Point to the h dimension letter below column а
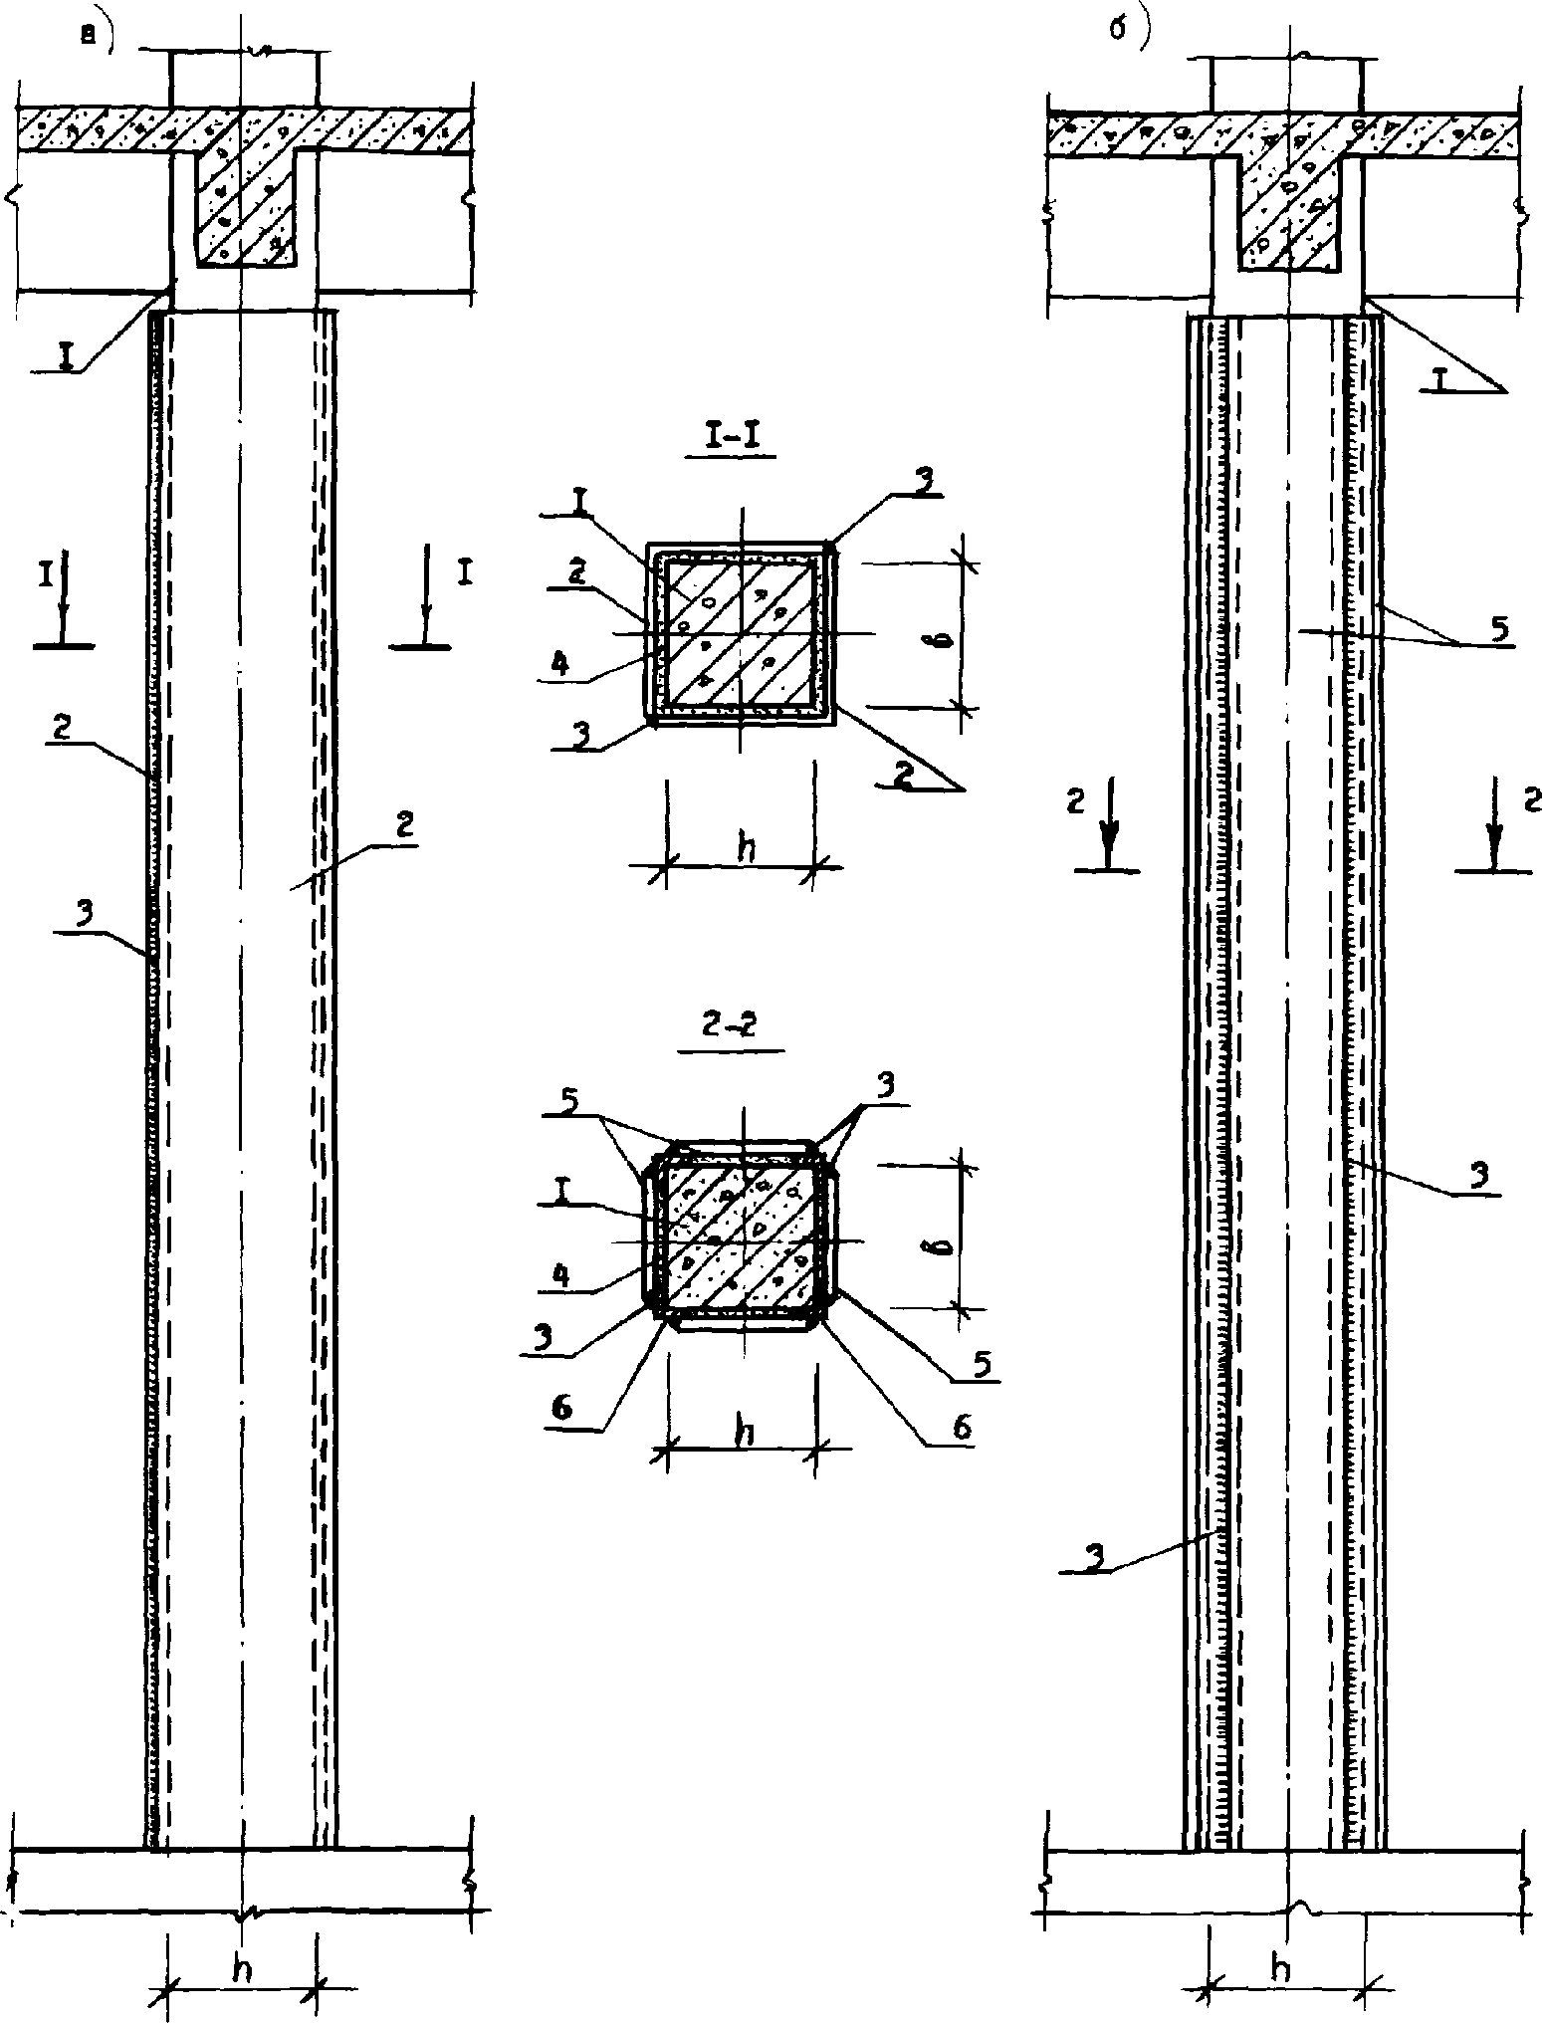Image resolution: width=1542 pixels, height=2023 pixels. [x=240, y=1967]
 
